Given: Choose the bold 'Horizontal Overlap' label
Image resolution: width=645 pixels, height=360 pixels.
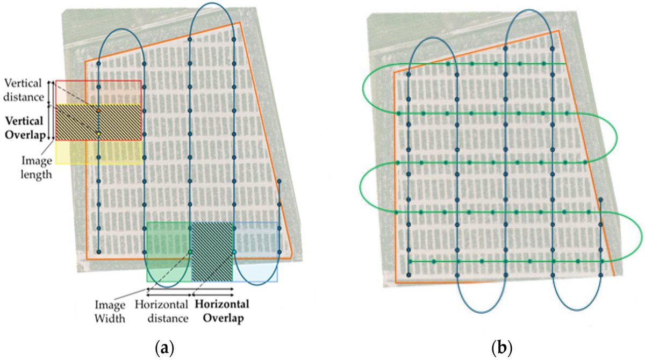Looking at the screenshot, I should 221,311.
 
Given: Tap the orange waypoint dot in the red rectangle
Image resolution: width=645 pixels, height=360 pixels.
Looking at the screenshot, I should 99,111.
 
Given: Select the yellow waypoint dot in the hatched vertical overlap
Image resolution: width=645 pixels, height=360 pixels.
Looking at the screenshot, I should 99,133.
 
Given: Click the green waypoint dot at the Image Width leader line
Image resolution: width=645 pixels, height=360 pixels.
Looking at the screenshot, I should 190,251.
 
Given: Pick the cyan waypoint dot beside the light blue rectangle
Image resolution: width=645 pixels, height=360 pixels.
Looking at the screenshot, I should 234,251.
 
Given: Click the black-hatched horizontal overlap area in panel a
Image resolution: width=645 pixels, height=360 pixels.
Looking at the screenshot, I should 212,251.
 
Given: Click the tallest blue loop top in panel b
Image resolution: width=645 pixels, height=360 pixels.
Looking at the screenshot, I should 529,10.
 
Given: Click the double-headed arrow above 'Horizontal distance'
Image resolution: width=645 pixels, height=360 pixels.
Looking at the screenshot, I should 169,294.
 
